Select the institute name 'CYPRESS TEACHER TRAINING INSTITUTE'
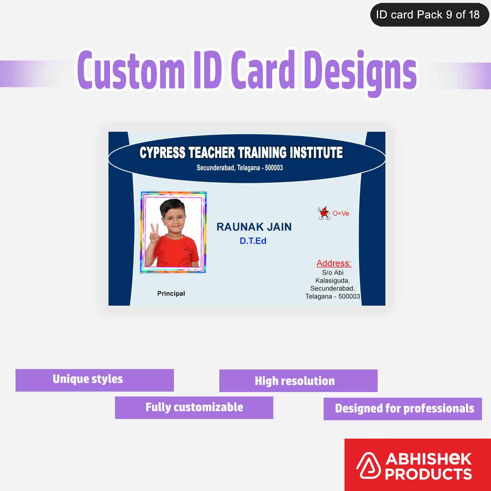(241, 153)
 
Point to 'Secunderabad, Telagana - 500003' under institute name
(239, 168)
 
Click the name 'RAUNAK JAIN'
(254, 227)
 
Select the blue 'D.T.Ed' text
(253, 241)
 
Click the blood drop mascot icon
(324, 213)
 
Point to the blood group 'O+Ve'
(341, 214)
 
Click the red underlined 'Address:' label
(334, 263)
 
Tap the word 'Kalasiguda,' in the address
(332, 281)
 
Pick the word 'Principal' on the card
(171, 293)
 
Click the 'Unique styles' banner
(95, 380)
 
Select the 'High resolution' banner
(298, 381)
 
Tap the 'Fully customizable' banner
(194, 408)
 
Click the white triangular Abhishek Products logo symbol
(368, 466)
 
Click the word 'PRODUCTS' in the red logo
(428, 474)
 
